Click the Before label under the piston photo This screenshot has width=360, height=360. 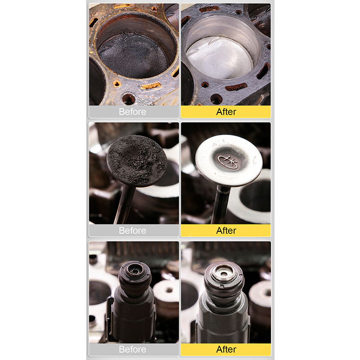[132, 112]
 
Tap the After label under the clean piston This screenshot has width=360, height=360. [226, 112]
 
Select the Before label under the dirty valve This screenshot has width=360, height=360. [132, 230]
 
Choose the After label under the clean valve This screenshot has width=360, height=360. [226, 230]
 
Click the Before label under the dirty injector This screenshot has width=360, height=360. [132, 350]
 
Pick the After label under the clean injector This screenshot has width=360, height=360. [226, 350]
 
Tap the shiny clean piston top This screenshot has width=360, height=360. [219, 58]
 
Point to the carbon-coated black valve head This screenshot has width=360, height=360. [137, 161]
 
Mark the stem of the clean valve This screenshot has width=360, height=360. [221, 205]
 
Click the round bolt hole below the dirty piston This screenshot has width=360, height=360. [129, 99]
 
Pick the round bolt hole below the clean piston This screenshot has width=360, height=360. [216, 99]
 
